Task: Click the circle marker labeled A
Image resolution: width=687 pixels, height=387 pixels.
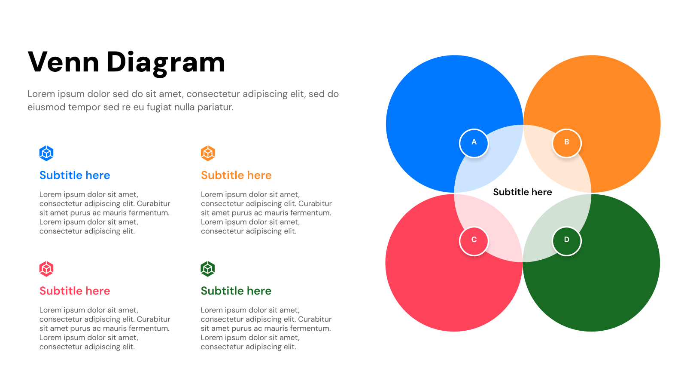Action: pyautogui.click(x=474, y=143)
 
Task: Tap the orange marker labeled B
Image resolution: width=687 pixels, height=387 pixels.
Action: pyautogui.click(x=566, y=143)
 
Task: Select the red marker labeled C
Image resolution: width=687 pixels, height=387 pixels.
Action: pyautogui.click(x=474, y=241)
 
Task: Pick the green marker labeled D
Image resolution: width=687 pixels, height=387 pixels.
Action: pyautogui.click(x=566, y=241)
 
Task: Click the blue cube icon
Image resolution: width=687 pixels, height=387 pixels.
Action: pyautogui.click(x=46, y=153)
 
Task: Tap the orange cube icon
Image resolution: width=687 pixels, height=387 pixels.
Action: pyautogui.click(x=208, y=153)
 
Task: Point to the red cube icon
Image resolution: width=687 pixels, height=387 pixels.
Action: pyautogui.click(x=46, y=269)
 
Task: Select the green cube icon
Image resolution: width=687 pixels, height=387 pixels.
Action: pyautogui.click(x=208, y=269)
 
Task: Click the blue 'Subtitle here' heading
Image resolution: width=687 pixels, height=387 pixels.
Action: pyautogui.click(x=75, y=175)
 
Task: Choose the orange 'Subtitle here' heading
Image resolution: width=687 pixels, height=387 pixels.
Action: pyautogui.click(x=236, y=175)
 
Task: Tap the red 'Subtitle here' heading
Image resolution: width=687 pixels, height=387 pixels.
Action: pyautogui.click(x=75, y=291)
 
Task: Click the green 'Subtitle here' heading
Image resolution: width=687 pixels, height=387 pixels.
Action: pyautogui.click(x=236, y=291)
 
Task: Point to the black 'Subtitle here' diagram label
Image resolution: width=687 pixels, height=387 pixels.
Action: pyautogui.click(x=523, y=192)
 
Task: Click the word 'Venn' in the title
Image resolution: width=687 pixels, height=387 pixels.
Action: pyautogui.click(x=64, y=62)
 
